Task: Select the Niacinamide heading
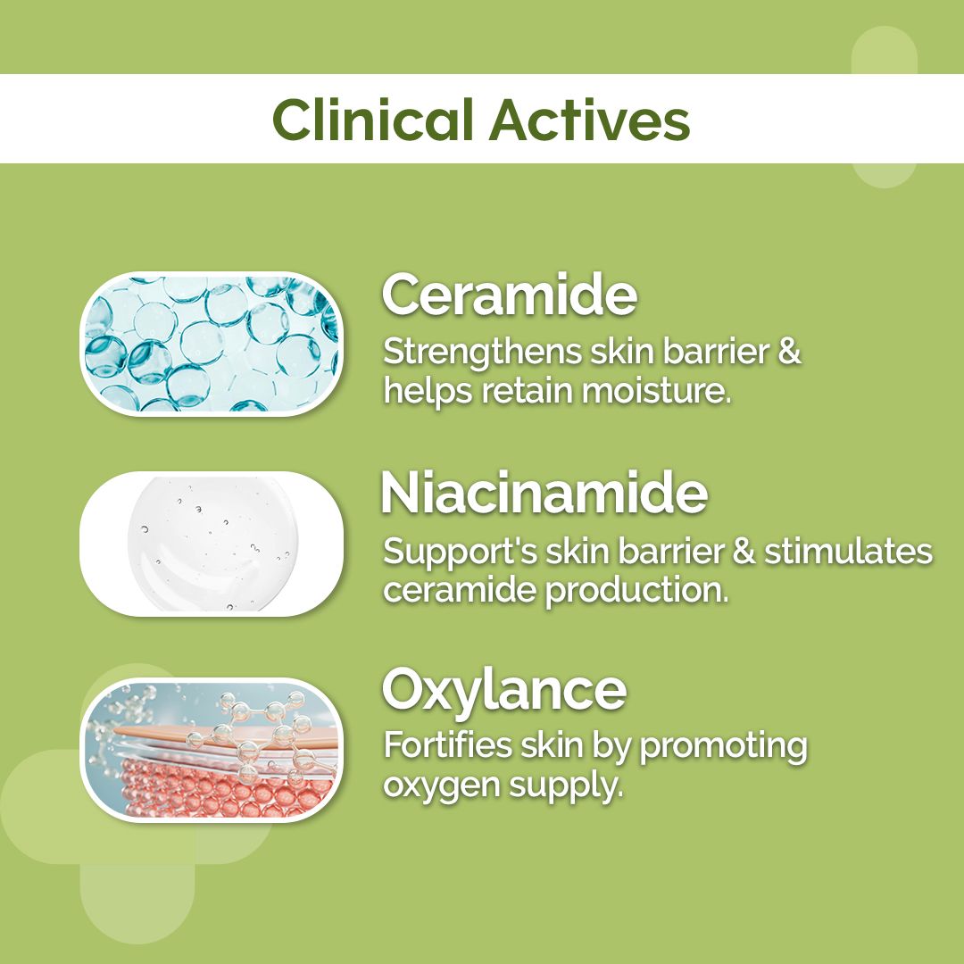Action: coord(544,494)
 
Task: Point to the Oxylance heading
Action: coord(504,689)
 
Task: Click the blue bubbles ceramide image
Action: coord(212,344)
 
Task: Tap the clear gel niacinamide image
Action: coord(212,544)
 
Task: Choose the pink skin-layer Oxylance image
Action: coord(212,750)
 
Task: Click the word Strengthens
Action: coord(482,353)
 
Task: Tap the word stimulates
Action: coord(848,552)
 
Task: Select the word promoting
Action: coord(723,746)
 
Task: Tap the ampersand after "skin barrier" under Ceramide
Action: coord(788,353)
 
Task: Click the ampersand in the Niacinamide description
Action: coord(744,552)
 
